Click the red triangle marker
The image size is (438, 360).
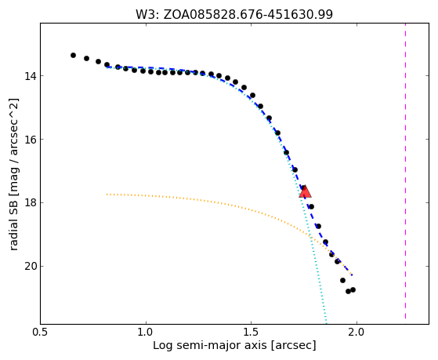(305, 191)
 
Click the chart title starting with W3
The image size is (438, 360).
(234, 14)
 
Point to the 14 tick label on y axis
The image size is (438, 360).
(31, 76)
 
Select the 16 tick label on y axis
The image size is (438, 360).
(31, 140)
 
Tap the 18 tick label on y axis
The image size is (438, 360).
(31, 203)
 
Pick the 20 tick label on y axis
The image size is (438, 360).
(31, 267)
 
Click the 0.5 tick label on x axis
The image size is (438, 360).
(41, 332)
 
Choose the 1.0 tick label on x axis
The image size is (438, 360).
(146, 332)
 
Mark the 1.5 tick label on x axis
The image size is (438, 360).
(251, 332)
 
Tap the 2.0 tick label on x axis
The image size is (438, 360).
(357, 332)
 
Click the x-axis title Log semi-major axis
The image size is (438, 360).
(234, 345)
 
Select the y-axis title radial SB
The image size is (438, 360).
(13, 174)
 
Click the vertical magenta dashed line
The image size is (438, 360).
(405, 171)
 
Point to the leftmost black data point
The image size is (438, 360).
(73, 55)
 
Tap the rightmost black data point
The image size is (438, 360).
(353, 289)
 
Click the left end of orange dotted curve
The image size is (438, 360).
(107, 195)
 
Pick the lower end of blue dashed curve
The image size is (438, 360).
(352, 275)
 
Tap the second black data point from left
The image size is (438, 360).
(87, 59)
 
